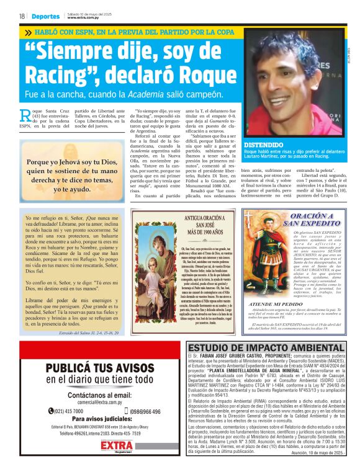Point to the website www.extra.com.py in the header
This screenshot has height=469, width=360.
pos(84,18)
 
